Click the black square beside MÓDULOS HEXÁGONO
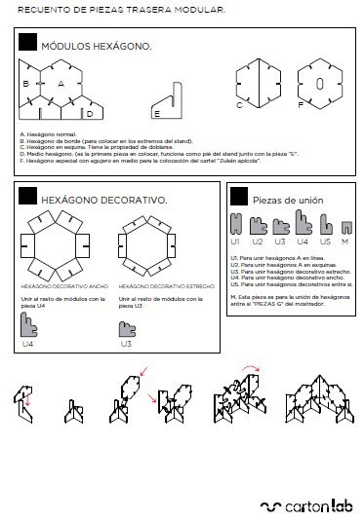[27, 42]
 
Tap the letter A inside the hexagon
[61, 84]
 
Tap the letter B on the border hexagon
[26, 84]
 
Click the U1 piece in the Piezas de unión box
[234, 226]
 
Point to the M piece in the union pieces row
[344, 227]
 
